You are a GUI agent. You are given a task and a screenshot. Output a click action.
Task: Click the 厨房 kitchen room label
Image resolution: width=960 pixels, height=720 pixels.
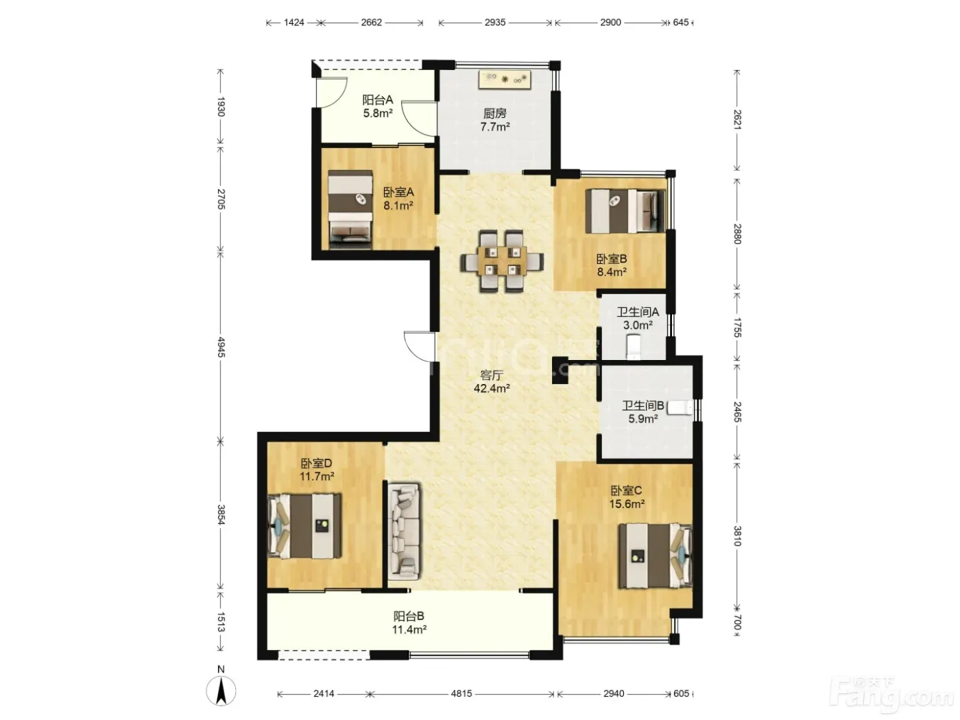tap(494, 114)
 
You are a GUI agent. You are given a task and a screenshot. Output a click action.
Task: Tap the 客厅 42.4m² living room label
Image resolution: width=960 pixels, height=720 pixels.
tap(492, 381)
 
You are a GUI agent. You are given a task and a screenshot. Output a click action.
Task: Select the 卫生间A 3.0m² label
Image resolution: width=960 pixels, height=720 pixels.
tap(638, 318)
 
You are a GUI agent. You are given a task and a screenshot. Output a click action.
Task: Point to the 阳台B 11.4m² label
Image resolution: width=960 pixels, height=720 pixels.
tap(409, 623)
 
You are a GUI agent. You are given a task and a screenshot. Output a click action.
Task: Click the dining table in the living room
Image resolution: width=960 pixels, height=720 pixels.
tap(502, 261)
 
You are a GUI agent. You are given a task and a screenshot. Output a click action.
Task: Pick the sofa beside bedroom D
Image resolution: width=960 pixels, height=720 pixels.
tap(404, 531)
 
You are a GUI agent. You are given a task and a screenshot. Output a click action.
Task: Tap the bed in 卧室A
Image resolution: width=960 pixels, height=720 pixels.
tap(350, 210)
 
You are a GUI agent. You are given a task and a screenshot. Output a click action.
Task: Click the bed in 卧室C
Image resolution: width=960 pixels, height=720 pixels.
tap(655, 556)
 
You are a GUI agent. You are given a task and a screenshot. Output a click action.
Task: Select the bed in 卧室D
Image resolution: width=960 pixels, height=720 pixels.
tap(304, 526)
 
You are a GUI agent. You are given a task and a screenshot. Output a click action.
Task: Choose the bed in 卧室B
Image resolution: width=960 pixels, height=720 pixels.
tap(625, 211)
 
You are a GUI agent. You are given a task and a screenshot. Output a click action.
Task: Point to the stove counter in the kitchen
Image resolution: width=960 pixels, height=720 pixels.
tap(504, 79)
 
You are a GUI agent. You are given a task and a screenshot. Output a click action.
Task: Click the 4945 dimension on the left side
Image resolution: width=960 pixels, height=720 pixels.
tap(221, 347)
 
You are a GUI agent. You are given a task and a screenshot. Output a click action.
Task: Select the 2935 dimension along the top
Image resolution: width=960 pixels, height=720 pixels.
tap(495, 23)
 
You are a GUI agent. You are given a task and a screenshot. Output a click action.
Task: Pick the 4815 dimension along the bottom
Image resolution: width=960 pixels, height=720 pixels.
tap(461, 693)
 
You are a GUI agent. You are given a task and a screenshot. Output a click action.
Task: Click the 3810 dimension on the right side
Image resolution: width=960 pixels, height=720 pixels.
tap(737, 536)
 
